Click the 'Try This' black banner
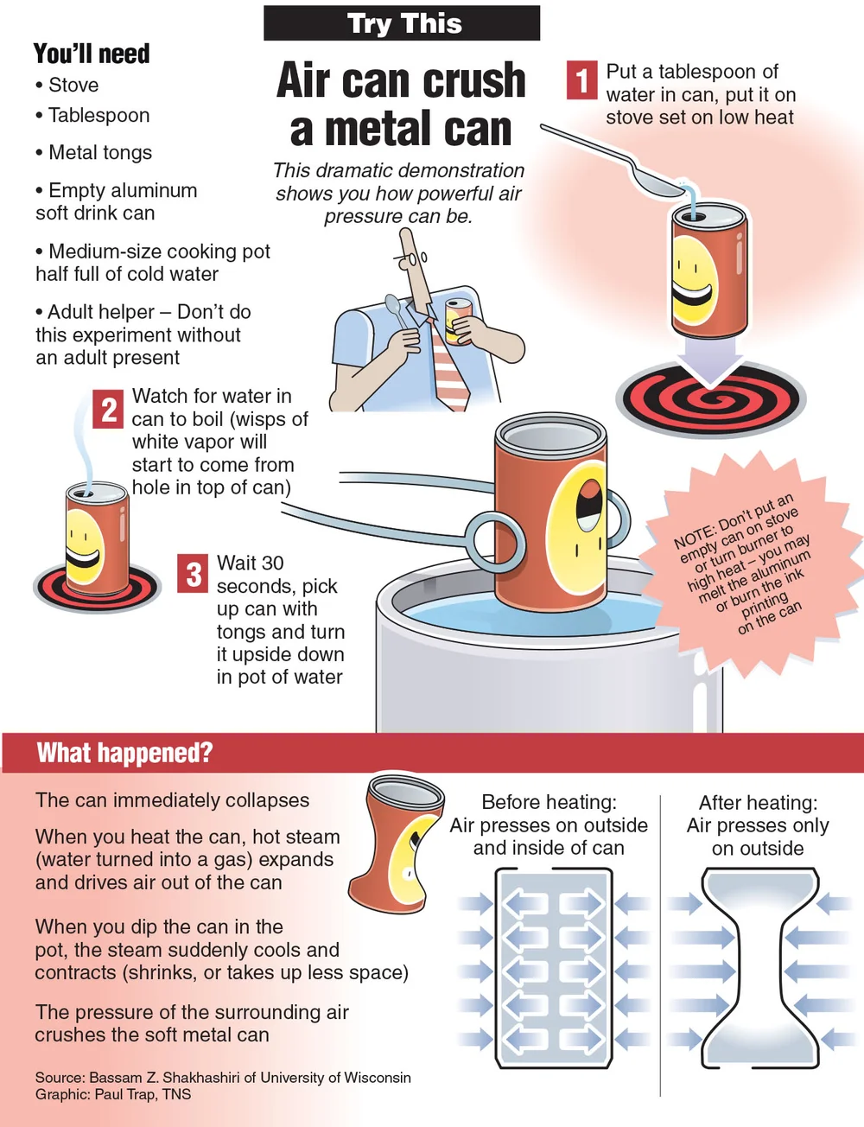pyautogui.click(x=402, y=23)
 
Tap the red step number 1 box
pyautogui.click(x=581, y=80)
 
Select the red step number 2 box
pyautogui.click(x=108, y=409)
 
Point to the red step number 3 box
pyautogui.click(x=193, y=573)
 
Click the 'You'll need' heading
pyautogui.click(x=92, y=54)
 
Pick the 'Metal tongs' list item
pyautogui.click(x=94, y=152)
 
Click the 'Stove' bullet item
pyautogui.click(x=67, y=85)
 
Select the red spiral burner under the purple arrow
pyautogui.click(x=710, y=400)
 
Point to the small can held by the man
pyautogui.click(x=455, y=322)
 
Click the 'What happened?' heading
pyautogui.click(x=124, y=753)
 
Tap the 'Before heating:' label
pyautogui.click(x=549, y=802)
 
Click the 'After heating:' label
pyautogui.click(x=758, y=803)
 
